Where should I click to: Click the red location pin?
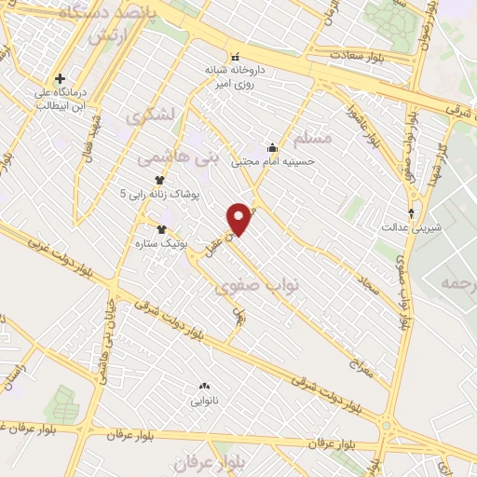[240, 218]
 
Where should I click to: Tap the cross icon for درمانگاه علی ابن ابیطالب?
[61, 78]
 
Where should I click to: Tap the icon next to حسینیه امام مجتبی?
[272, 146]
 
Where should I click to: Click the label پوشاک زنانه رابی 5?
[160, 193]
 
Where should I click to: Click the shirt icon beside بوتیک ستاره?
[162, 227]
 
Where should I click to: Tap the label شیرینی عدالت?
[411, 226]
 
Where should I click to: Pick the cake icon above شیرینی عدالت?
[411, 212]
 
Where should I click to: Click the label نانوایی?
[204, 402]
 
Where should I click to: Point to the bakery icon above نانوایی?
[204, 387]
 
